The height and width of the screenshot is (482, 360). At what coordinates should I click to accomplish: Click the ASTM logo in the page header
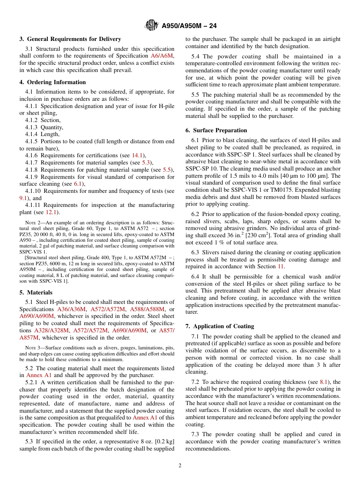coord(152,26)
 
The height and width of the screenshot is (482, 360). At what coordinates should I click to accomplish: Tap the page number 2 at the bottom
coord(180,466)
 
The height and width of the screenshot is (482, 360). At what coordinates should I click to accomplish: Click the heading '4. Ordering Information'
coord(53,82)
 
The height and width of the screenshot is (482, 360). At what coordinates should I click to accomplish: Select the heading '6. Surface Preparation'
coord(216,130)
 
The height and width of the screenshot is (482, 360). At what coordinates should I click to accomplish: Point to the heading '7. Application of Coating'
coord(220,326)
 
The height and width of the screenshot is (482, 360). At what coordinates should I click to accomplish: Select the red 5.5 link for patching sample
coord(167,170)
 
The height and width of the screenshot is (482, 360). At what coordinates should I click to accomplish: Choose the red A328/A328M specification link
coord(52,330)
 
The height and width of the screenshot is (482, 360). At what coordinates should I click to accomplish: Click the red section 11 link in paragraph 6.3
coord(280,266)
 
